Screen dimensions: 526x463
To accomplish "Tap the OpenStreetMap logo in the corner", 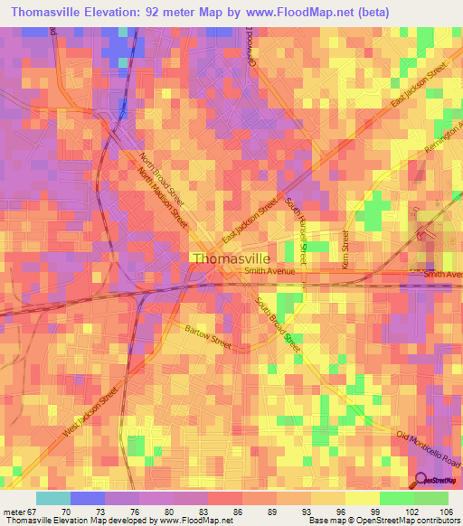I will (436, 481).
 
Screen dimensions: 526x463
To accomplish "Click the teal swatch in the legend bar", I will (53, 498).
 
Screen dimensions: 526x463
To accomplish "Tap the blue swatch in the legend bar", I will (88, 498).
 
